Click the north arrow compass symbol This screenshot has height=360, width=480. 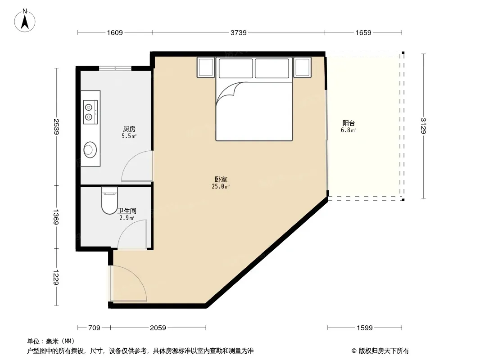pyautogui.click(x=25, y=21)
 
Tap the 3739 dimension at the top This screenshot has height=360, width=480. pyautogui.click(x=239, y=32)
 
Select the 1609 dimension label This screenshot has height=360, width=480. pyautogui.click(x=115, y=32)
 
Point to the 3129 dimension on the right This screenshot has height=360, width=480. pyautogui.click(x=423, y=126)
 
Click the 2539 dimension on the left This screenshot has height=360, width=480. pyautogui.click(x=56, y=126)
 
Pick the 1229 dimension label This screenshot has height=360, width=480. pyautogui.click(x=56, y=277)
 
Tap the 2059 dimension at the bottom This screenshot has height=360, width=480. pyautogui.click(x=158, y=328)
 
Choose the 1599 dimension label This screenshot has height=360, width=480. pyautogui.click(x=365, y=328)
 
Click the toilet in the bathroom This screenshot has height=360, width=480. pyautogui.click(x=109, y=200)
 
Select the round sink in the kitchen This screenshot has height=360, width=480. pyautogui.click(x=91, y=149)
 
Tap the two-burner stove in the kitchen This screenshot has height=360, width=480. pyautogui.click(x=91, y=112)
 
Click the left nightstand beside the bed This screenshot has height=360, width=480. pyautogui.click(x=206, y=67)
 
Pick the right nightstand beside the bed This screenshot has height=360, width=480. pyautogui.click(x=303, y=67)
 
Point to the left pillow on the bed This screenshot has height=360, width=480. pyautogui.click(x=236, y=68)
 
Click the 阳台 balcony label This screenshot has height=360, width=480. pyautogui.click(x=349, y=123)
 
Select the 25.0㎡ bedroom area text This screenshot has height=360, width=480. pyautogui.click(x=221, y=186)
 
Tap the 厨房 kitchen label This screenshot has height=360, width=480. pyautogui.click(x=129, y=129)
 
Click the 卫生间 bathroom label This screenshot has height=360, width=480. pyautogui.click(x=127, y=211)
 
